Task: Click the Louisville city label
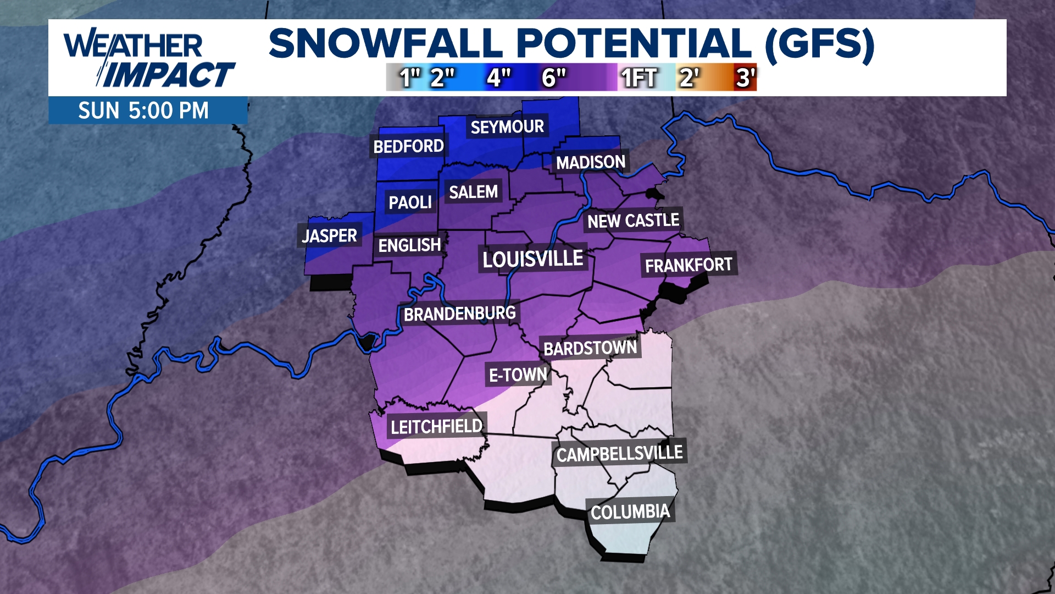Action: (532, 259)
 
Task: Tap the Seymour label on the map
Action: (507, 127)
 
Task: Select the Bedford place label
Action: (408, 146)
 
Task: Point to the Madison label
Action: (591, 162)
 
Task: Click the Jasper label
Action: (329, 236)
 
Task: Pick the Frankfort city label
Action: (688, 266)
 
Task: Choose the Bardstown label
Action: (590, 348)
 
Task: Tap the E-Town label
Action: (518, 375)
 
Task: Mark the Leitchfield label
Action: (436, 426)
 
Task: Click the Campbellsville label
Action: (619, 454)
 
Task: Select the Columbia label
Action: (630, 512)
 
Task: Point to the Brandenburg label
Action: (459, 314)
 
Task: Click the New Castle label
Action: (633, 221)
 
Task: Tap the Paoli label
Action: (410, 202)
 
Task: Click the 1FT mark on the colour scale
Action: (638, 78)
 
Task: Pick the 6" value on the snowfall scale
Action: (553, 78)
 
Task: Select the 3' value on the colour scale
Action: (746, 78)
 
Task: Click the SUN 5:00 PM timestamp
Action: (143, 111)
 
